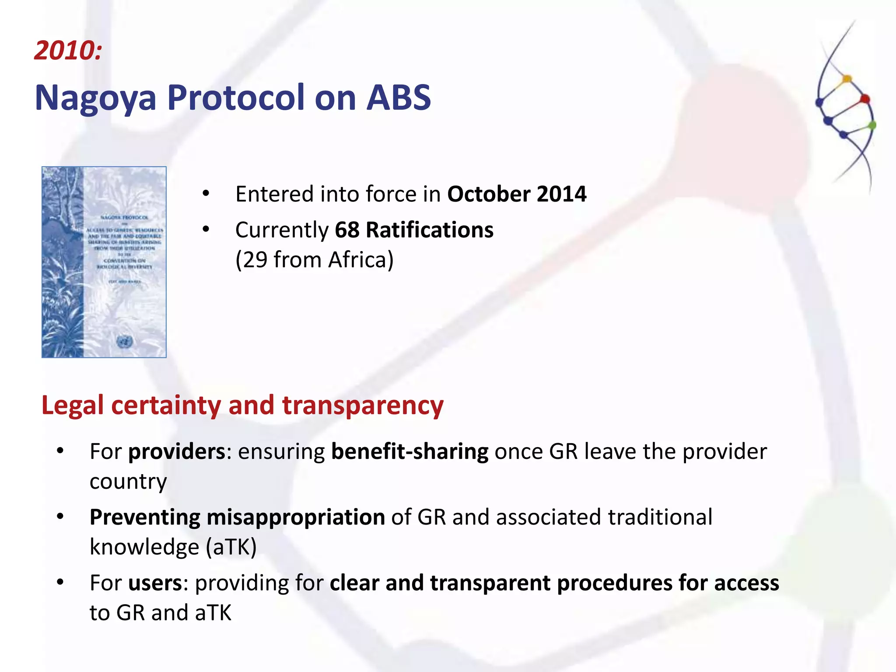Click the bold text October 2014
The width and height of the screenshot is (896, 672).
tap(516, 194)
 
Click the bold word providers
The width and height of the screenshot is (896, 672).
tap(177, 451)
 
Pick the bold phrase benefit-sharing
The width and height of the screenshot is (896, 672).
tap(410, 451)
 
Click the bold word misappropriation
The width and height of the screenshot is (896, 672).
tap(296, 517)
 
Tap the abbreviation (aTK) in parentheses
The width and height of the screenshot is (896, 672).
tap(231, 547)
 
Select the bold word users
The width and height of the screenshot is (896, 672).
tap(155, 583)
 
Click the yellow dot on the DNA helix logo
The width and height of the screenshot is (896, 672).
tap(847, 79)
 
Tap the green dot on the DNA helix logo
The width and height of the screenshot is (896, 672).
tap(872, 126)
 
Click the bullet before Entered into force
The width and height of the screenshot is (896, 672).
tap(206, 193)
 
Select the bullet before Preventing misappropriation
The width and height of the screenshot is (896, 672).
tap(60, 517)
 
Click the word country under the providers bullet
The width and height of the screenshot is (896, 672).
tap(128, 481)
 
